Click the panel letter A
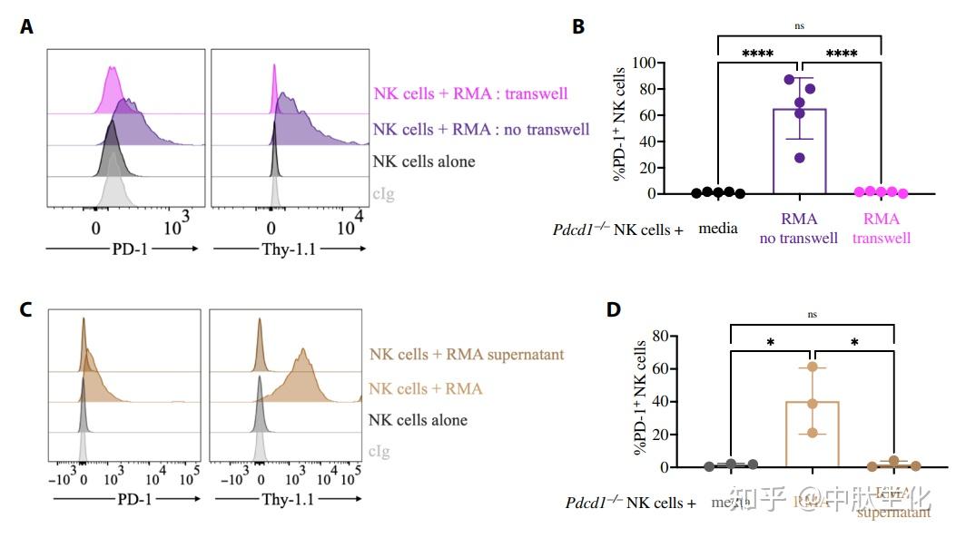(27, 27)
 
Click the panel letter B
(578, 27)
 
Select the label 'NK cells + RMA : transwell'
(470, 93)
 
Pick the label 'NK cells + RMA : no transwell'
(481, 129)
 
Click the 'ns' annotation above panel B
(799, 27)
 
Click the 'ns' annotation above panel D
(812, 315)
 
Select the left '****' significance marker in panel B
(756, 54)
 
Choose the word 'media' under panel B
(716, 230)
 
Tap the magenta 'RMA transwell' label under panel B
(881, 229)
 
